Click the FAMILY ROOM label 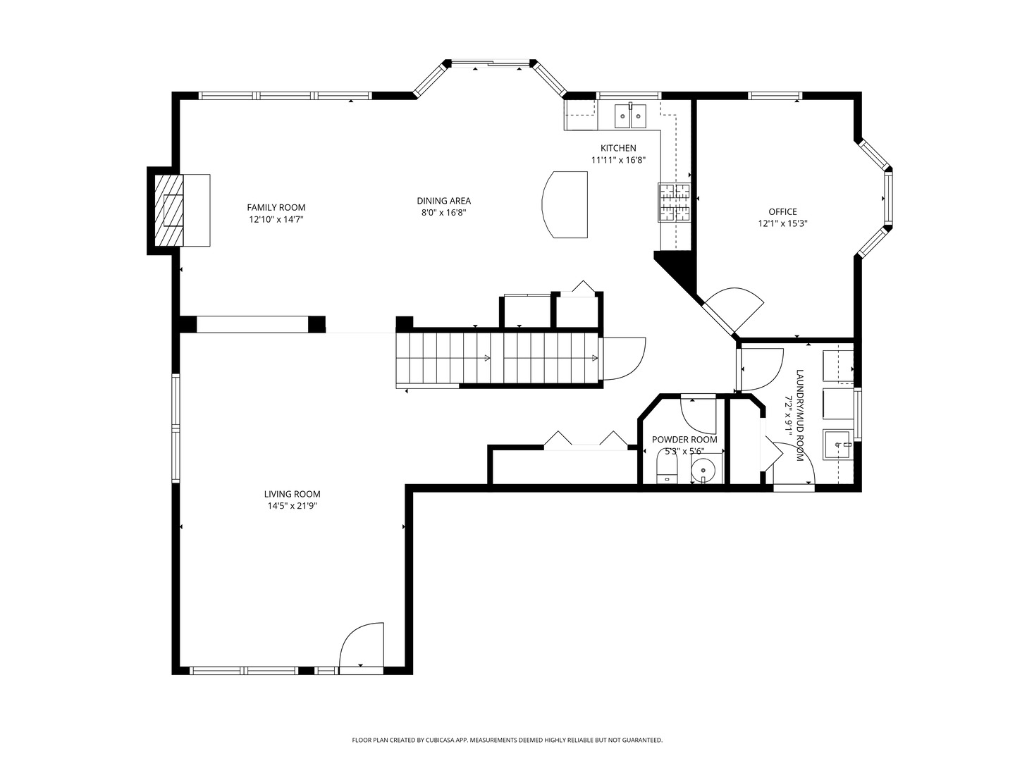point(276,207)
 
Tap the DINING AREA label point(443,201)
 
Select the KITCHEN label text point(617,148)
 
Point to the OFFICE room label point(782,212)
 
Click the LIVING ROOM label point(293,495)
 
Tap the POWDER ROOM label point(684,440)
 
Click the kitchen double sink point(630,116)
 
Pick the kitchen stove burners point(674,202)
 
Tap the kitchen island point(565,204)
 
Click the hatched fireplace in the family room point(168,210)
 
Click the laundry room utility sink point(837,445)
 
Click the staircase point(497,359)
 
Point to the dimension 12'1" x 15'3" point(782,224)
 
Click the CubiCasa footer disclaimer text point(508,741)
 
